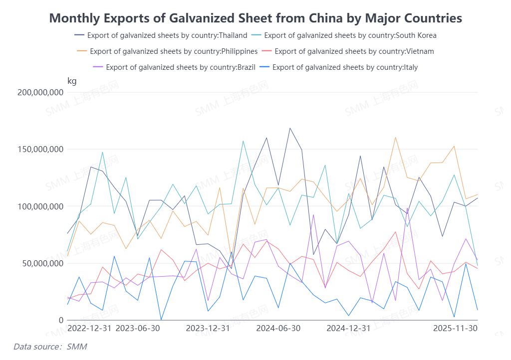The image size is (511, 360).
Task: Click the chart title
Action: [x=255, y=18]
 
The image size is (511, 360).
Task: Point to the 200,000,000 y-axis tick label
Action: [x=40, y=92]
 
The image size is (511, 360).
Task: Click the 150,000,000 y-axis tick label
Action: [x=40, y=149]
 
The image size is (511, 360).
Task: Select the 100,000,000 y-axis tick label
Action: [x=40, y=206]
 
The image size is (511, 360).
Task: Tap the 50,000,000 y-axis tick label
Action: [x=42, y=263]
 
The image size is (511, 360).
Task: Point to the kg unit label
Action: [x=72, y=81]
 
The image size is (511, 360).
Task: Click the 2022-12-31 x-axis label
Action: [x=89, y=328]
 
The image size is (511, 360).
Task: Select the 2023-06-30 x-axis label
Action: [x=138, y=328]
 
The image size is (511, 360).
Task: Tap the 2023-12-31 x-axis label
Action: [x=208, y=328]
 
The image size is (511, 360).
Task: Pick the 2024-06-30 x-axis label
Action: [x=278, y=328]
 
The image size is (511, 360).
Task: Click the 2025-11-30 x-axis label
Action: [x=455, y=328]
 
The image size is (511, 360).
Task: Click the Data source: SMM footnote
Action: [x=47, y=346]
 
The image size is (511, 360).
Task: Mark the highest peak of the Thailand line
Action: [x=290, y=128]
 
